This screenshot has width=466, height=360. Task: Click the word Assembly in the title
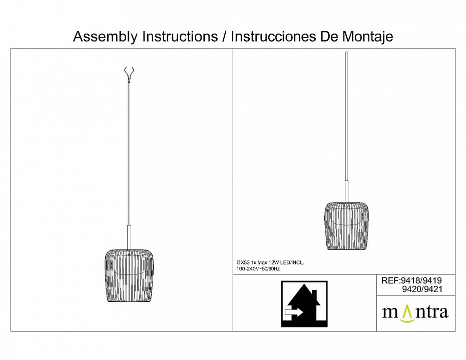point(106,37)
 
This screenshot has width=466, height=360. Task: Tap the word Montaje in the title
point(368,37)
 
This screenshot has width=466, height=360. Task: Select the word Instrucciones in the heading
point(273,36)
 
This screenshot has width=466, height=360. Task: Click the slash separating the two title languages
point(224,36)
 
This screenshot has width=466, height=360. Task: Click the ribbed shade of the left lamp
point(129,275)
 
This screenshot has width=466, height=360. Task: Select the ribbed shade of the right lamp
point(346,226)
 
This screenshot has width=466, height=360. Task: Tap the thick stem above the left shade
point(129,237)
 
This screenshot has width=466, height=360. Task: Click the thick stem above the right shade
point(346,191)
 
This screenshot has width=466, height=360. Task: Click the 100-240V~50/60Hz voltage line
point(258,269)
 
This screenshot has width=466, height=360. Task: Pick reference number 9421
point(432,289)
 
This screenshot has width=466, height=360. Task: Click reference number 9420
point(411,289)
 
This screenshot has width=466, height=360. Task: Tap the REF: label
point(391,280)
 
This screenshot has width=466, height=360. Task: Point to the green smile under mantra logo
point(407,320)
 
